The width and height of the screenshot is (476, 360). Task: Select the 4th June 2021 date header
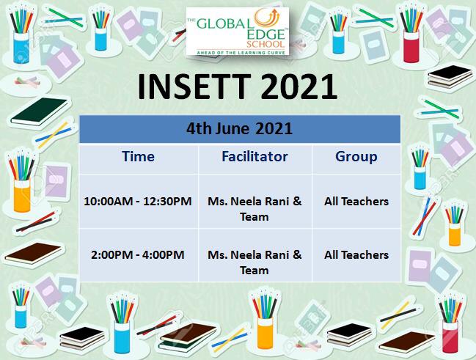pyautogui.click(x=240, y=128)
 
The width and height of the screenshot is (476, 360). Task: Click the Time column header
pyautogui.click(x=138, y=157)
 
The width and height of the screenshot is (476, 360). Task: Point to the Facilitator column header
pyautogui.click(x=255, y=157)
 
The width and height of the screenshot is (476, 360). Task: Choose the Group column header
pyautogui.click(x=356, y=157)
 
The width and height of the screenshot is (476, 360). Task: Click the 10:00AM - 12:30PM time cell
pyautogui.click(x=137, y=201)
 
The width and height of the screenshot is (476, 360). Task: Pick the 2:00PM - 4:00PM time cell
pyautogui.click(x=137, y=254)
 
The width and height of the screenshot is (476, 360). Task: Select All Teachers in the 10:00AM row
pyautogui.click(x=356, y=201)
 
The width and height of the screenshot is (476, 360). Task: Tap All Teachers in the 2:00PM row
pyautogui.click(x=356, y=254)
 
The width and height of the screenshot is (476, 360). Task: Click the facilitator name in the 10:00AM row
pyautogui.click(x=255, y=209)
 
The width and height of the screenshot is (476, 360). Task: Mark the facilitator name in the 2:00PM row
pyautogui.click(x=255, y=262)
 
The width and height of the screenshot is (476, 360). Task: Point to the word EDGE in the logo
pyautogui.click(x=266, y=34)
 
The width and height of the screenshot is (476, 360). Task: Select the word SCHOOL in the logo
pyautogui.click(x=266, y=44)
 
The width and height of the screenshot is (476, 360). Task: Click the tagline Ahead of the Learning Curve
pyautogui.click(x=241, y=53)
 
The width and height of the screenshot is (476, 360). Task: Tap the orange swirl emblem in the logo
pyautogui.click(x=266, y=18)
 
